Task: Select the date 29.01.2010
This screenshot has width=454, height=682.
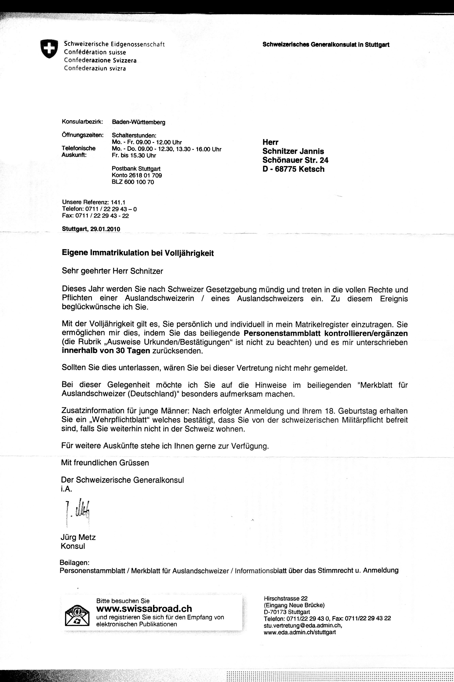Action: click(105, 229)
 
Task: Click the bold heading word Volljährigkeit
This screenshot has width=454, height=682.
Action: click(189, 253)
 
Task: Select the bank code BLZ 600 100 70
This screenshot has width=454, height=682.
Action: click(133, 182)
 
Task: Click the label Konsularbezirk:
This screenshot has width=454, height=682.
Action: click(82, 122)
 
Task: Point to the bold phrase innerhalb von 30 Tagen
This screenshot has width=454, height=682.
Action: click(106, 351)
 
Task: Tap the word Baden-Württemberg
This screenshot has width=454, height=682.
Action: click(138, 122)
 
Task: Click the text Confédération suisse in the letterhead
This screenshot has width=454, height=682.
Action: click(95, 52)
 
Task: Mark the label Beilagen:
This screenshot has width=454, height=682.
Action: click(74, 563)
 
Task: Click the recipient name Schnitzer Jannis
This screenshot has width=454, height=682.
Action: click(293, 151)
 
